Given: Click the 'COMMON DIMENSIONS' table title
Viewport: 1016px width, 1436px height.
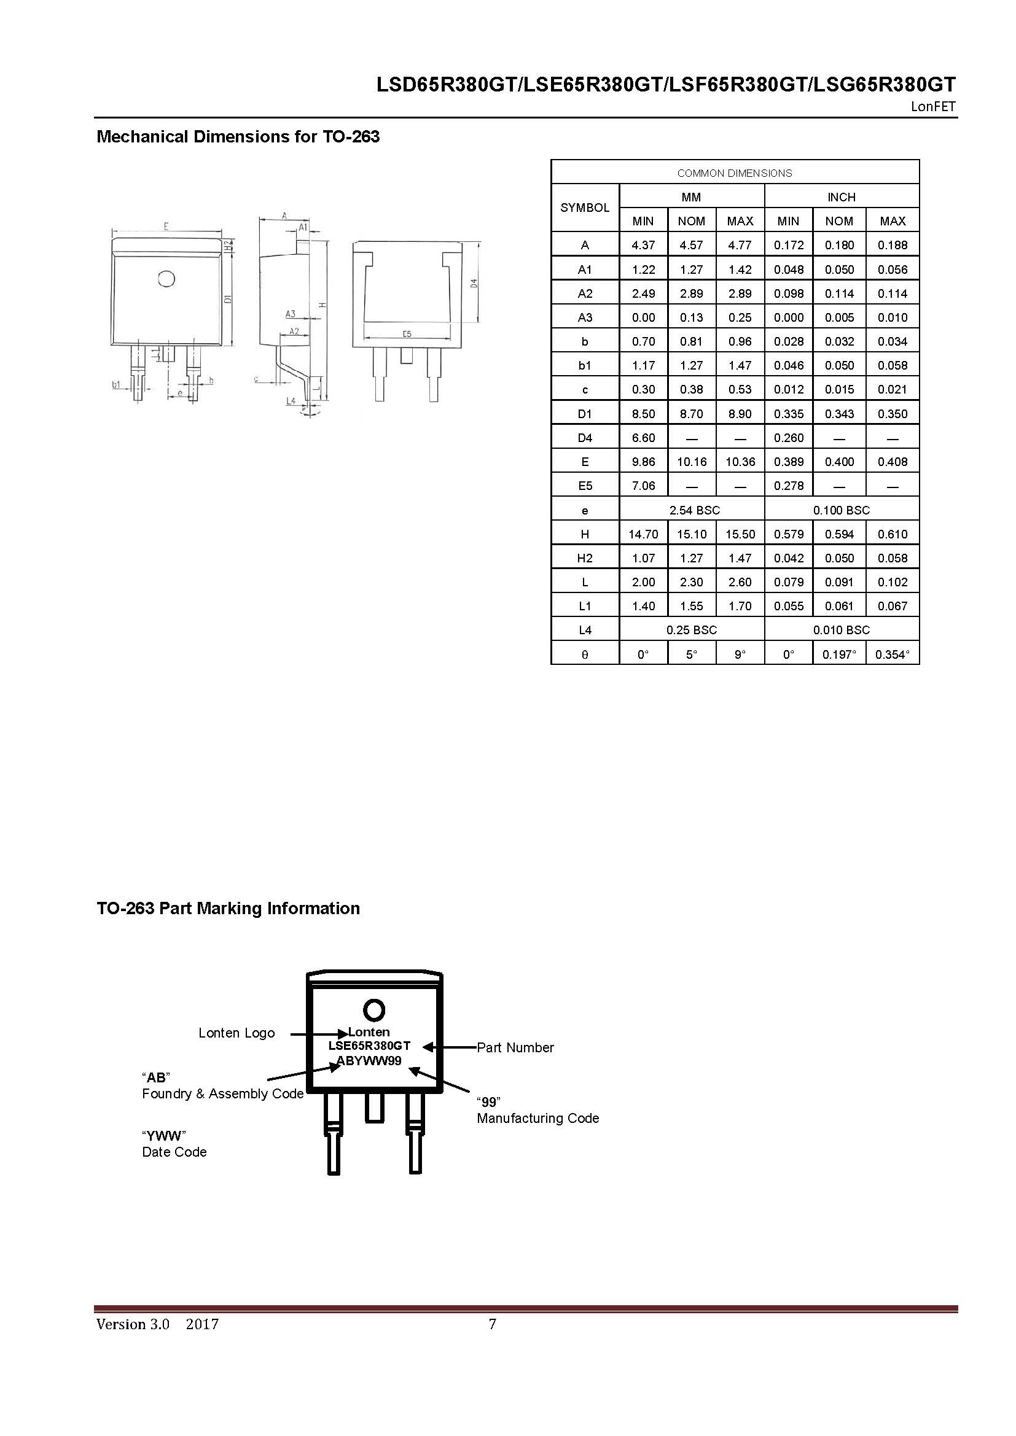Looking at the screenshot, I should (x=735, y=173).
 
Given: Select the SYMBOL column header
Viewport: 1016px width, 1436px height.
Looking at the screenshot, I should (x=584, y=208).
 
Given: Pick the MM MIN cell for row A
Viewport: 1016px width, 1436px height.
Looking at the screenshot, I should (x=643, y=245).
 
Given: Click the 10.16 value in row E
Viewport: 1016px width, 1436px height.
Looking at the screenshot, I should (x=691, y=462).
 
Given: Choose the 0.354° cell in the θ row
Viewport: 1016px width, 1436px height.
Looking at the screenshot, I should (x=892, y=655).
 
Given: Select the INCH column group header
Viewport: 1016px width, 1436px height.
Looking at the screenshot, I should (x=842, y=197).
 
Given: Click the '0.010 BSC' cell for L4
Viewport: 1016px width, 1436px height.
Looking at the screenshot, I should (x=842, y=630).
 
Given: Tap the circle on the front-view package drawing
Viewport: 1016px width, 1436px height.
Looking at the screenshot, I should (x=166, y=278).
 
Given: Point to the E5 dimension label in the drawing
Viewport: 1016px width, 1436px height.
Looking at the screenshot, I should (x=407, y=334).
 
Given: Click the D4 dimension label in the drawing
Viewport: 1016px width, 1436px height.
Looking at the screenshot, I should (x=474, y=283).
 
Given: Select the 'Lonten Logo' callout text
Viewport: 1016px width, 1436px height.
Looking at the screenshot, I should (x=236, y=1033).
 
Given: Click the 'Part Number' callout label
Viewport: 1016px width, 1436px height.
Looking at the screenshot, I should (x=515, y=1047).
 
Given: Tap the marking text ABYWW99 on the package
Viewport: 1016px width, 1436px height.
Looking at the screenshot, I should (x=369, y=1061).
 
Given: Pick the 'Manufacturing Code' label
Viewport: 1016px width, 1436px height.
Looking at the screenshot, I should (x=537, y=1118).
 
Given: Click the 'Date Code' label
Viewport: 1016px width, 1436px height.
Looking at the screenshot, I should (x=174, y=1152).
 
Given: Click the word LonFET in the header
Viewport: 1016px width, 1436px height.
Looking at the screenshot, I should (x=933, y=106).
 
